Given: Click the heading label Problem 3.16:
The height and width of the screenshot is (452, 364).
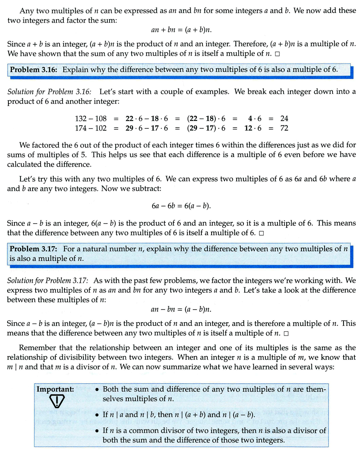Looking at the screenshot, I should click(x=34, y=70).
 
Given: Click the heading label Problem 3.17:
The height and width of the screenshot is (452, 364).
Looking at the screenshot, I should click(x=34, y=249).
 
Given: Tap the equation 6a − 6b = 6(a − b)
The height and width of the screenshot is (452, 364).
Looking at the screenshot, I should click(x=181, y=206).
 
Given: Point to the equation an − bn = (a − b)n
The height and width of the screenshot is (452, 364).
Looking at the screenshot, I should click(x=181, y=309).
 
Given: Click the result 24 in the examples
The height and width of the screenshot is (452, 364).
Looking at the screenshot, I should click(x=284, y=118).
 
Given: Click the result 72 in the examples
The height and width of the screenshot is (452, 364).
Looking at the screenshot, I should click(x=284, y=128).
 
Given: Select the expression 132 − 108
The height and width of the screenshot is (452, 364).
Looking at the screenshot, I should click(x=91, y=118).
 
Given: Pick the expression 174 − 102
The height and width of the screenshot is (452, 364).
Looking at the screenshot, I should click(x=91, y=128).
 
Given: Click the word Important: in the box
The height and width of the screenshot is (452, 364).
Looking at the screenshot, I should click(x=55, y=389).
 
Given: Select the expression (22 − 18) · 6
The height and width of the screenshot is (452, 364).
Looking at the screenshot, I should click(x=206, y=118).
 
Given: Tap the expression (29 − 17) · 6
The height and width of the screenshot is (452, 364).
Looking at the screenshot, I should click(x=206, y=128).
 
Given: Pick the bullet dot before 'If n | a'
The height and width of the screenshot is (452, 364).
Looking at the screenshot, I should click(x=97, y=415).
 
